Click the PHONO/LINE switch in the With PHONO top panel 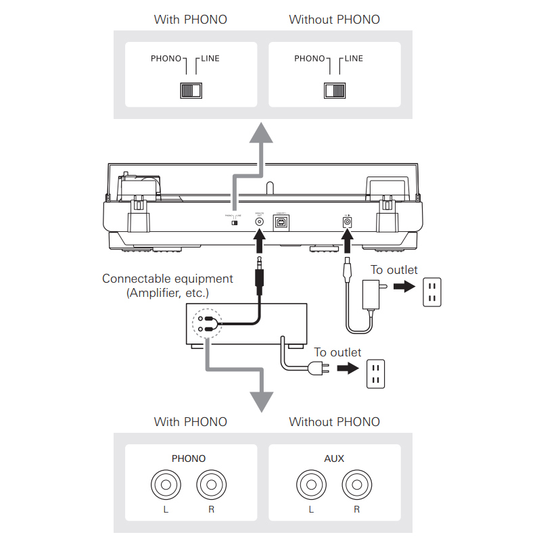pyautogui.click(x=190, y=90)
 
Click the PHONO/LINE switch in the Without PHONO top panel pyautogui.click(x=334, y=90)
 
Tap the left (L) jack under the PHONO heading pyautogui.click(x=166, y=485)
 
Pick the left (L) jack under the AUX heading pyautogui.click(x=311, y=485)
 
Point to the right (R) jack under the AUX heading pyautogui.click(x=356, y=485)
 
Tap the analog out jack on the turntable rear pyautogui.click(x=258, y=220)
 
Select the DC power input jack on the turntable pyautogui.click(x=348, y=220)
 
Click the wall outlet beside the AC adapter pyautogui.click(x=432, y=292)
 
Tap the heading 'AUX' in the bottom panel pyautogui.click(x=334, y=458)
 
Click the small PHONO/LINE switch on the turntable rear pyautogui.click(x=235, y=222)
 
